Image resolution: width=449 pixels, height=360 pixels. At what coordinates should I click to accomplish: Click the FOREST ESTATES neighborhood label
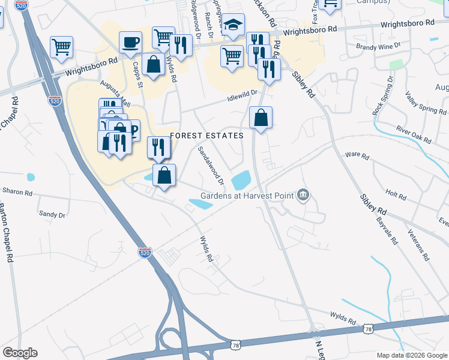206,136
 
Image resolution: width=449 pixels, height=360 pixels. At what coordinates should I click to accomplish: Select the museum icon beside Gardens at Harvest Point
303,195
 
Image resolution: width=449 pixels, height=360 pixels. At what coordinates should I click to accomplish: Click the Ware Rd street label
357,155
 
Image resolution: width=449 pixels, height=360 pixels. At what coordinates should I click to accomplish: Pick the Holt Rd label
396,195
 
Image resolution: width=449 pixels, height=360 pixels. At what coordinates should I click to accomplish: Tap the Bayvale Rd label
385,230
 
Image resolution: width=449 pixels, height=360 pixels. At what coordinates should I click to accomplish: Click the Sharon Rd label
17,192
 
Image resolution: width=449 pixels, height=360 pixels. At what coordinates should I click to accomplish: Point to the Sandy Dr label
52,213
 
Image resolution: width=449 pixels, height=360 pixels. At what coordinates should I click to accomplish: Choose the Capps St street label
137,74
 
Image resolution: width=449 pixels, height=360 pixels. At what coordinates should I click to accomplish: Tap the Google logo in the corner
20,353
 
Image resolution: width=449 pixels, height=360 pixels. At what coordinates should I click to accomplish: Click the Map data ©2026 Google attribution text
411,355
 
